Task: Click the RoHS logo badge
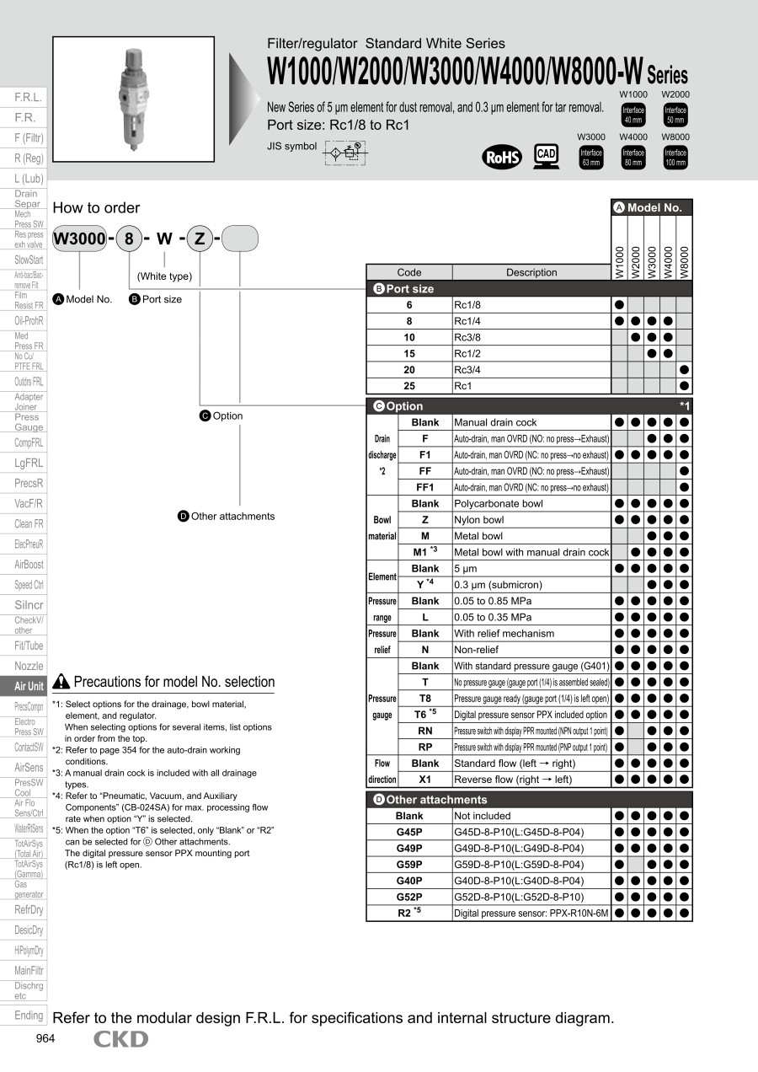[502, 157]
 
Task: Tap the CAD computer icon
[547, 156]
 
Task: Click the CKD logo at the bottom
[120, 1039]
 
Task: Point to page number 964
[45, 1038]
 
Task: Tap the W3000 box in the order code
[79, 239]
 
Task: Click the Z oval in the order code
[200, 239]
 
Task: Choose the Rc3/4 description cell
[531, 370]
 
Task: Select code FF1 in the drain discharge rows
[425, 487]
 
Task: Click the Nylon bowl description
[531, 520]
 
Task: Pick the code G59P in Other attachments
[409, 865]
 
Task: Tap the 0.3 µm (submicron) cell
[531, 585]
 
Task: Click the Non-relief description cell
[531, 650]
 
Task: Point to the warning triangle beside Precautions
[61, 682]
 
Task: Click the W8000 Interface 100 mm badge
[675, 158]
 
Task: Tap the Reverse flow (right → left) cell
[531, 780]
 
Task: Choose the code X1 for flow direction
[425, 780]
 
